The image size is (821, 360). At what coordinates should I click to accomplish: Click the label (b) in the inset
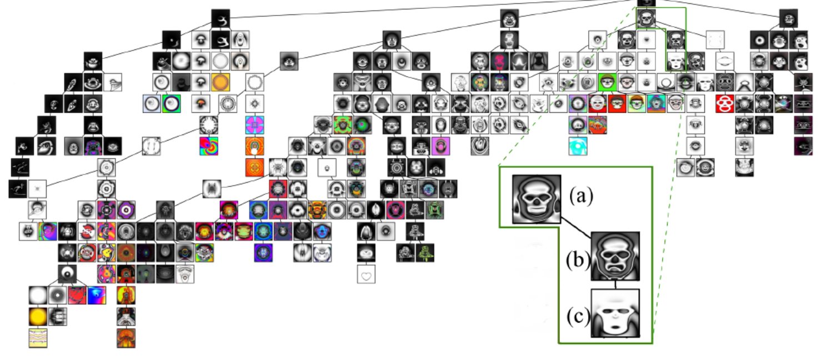[578, 260]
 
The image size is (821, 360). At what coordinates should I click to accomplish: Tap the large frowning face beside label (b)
[615, 256]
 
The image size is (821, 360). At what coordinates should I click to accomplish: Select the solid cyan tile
[578, 146]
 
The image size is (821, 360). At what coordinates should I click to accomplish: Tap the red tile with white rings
[725, 104]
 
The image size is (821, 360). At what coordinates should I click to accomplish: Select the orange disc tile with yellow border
[221, 82]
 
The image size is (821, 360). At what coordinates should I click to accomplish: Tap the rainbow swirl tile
[209, 146]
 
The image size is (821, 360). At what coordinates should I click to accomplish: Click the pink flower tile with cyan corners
[255, 125]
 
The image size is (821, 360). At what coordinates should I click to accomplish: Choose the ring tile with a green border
[171, 103]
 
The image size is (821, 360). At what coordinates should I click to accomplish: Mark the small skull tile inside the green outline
[645, 18]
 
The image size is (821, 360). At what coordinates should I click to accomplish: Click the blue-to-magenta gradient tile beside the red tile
[97, 296]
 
